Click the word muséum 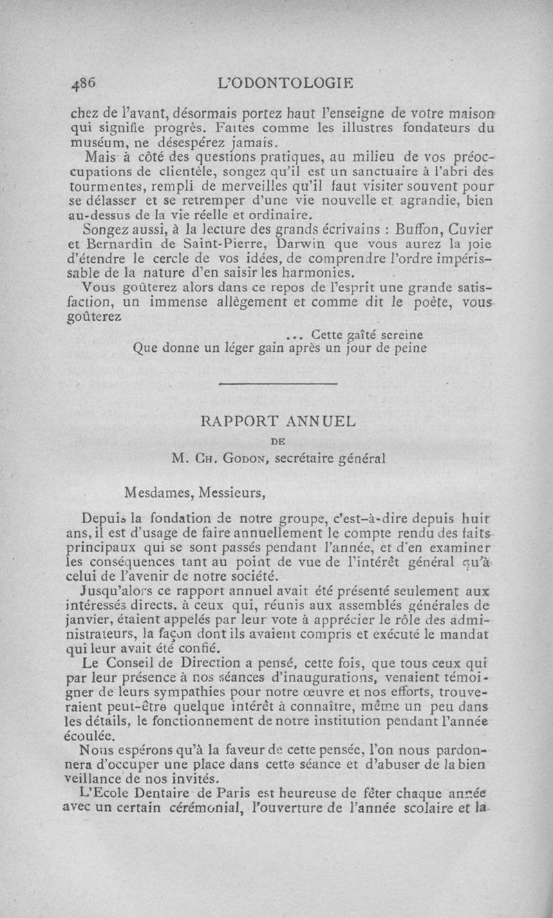click(97, 143)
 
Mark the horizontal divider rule click(277, 384)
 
